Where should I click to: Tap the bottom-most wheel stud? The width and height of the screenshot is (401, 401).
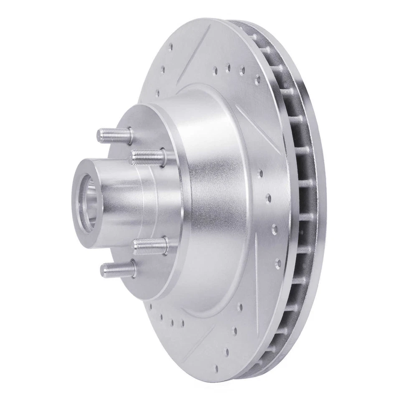point(118,269)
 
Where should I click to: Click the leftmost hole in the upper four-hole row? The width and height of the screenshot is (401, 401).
point(215,69)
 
